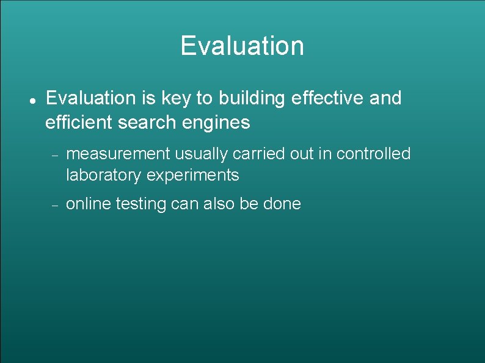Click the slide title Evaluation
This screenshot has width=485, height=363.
coord(242,46)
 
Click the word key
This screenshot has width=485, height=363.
coord(173,98)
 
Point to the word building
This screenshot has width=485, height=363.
coord(253,98)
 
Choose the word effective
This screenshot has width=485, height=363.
coord(329,98)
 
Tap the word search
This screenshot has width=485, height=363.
coord(146,123)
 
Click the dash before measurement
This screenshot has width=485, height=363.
coord(54,156)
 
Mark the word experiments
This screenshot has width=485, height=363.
coord(193,176)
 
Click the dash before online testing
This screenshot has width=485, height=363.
coord(54,206)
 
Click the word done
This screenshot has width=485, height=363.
coord(282,204)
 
